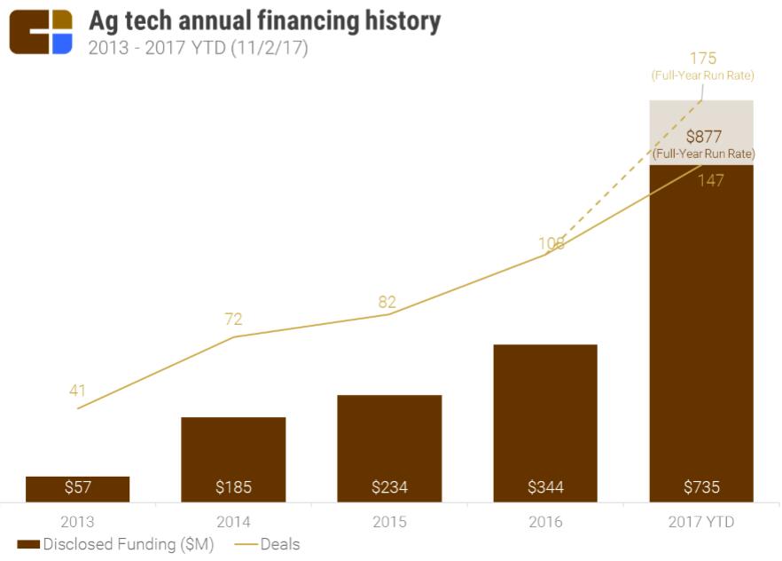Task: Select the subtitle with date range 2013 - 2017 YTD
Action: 198,48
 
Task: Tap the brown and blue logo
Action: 41,32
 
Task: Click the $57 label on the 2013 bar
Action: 77,487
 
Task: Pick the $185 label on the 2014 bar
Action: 233,487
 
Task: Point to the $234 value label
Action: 389,487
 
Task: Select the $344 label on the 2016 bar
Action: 545,487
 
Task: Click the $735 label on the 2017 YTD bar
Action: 701,487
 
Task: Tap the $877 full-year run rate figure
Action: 703,137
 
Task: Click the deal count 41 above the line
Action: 77,391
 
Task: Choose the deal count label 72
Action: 233,320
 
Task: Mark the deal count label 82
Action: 387,302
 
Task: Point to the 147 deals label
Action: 710,180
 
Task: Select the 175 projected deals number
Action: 703,59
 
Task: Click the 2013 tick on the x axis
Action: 77,522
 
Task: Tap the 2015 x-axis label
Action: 389,522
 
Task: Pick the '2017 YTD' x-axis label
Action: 701,522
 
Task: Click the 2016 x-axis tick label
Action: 545,522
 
